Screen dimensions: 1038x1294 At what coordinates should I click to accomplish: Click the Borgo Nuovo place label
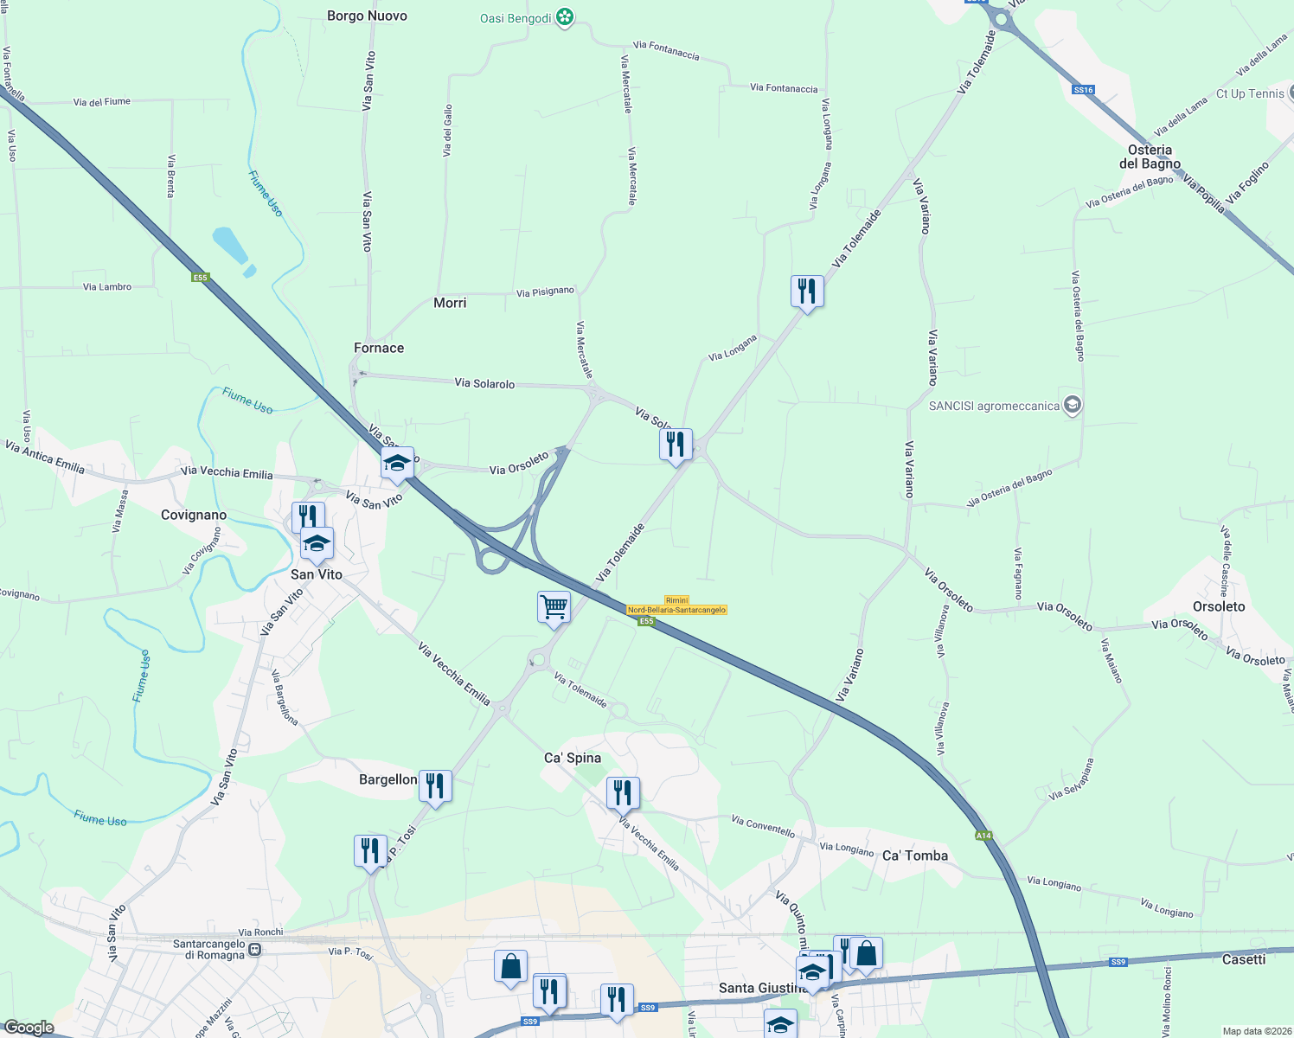367,16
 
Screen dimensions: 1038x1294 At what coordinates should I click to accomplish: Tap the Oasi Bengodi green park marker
565,17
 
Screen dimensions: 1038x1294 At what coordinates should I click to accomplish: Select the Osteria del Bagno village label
1150,157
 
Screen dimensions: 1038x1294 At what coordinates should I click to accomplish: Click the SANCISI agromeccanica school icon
1073,405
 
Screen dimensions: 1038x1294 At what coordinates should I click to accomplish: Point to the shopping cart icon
554,606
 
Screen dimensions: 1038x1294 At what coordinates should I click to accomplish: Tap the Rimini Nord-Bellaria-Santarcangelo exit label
676,605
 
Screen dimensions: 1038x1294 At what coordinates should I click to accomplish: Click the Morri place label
450,303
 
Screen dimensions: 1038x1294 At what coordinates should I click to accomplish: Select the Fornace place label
379,348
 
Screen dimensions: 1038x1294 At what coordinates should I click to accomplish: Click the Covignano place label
194,515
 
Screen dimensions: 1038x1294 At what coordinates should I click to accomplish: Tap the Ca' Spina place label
573,758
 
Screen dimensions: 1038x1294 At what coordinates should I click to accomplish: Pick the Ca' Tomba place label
915,855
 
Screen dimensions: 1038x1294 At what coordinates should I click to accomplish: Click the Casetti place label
1244,959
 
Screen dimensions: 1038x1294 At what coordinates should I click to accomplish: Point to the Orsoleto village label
1219,606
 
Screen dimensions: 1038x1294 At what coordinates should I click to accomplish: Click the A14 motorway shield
983,836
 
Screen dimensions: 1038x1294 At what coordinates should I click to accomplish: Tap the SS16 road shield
1083,90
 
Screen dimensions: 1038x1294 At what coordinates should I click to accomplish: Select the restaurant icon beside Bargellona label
435,785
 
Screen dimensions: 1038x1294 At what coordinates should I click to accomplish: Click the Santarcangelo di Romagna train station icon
254,949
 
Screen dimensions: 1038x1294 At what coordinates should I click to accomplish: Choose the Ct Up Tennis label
1250,93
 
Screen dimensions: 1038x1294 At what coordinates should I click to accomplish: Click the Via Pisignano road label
545,292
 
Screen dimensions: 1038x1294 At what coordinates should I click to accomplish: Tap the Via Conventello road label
763,825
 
